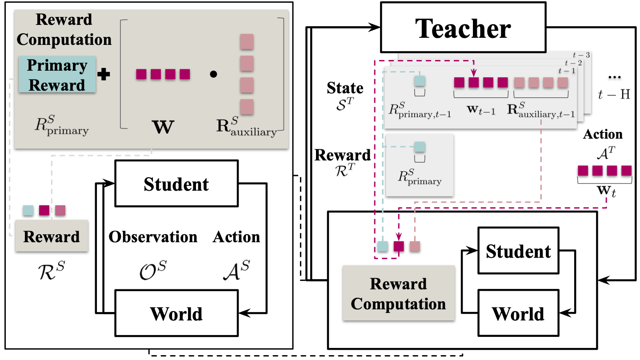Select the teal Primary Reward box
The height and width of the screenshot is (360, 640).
[57, 74]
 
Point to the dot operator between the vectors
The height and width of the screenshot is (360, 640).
[213, 75]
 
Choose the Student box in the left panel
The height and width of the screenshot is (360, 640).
[176, 184]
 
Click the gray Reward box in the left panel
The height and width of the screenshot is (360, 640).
[52, 236]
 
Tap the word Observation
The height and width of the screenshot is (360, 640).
[153, 237]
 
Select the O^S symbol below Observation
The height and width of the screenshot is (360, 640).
[153, 270]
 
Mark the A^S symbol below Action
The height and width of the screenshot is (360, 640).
[236, 270]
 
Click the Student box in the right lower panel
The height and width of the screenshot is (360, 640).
[518, 252]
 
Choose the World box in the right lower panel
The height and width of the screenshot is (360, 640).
[518, 313]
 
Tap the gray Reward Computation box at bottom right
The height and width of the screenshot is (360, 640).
[398, 293]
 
